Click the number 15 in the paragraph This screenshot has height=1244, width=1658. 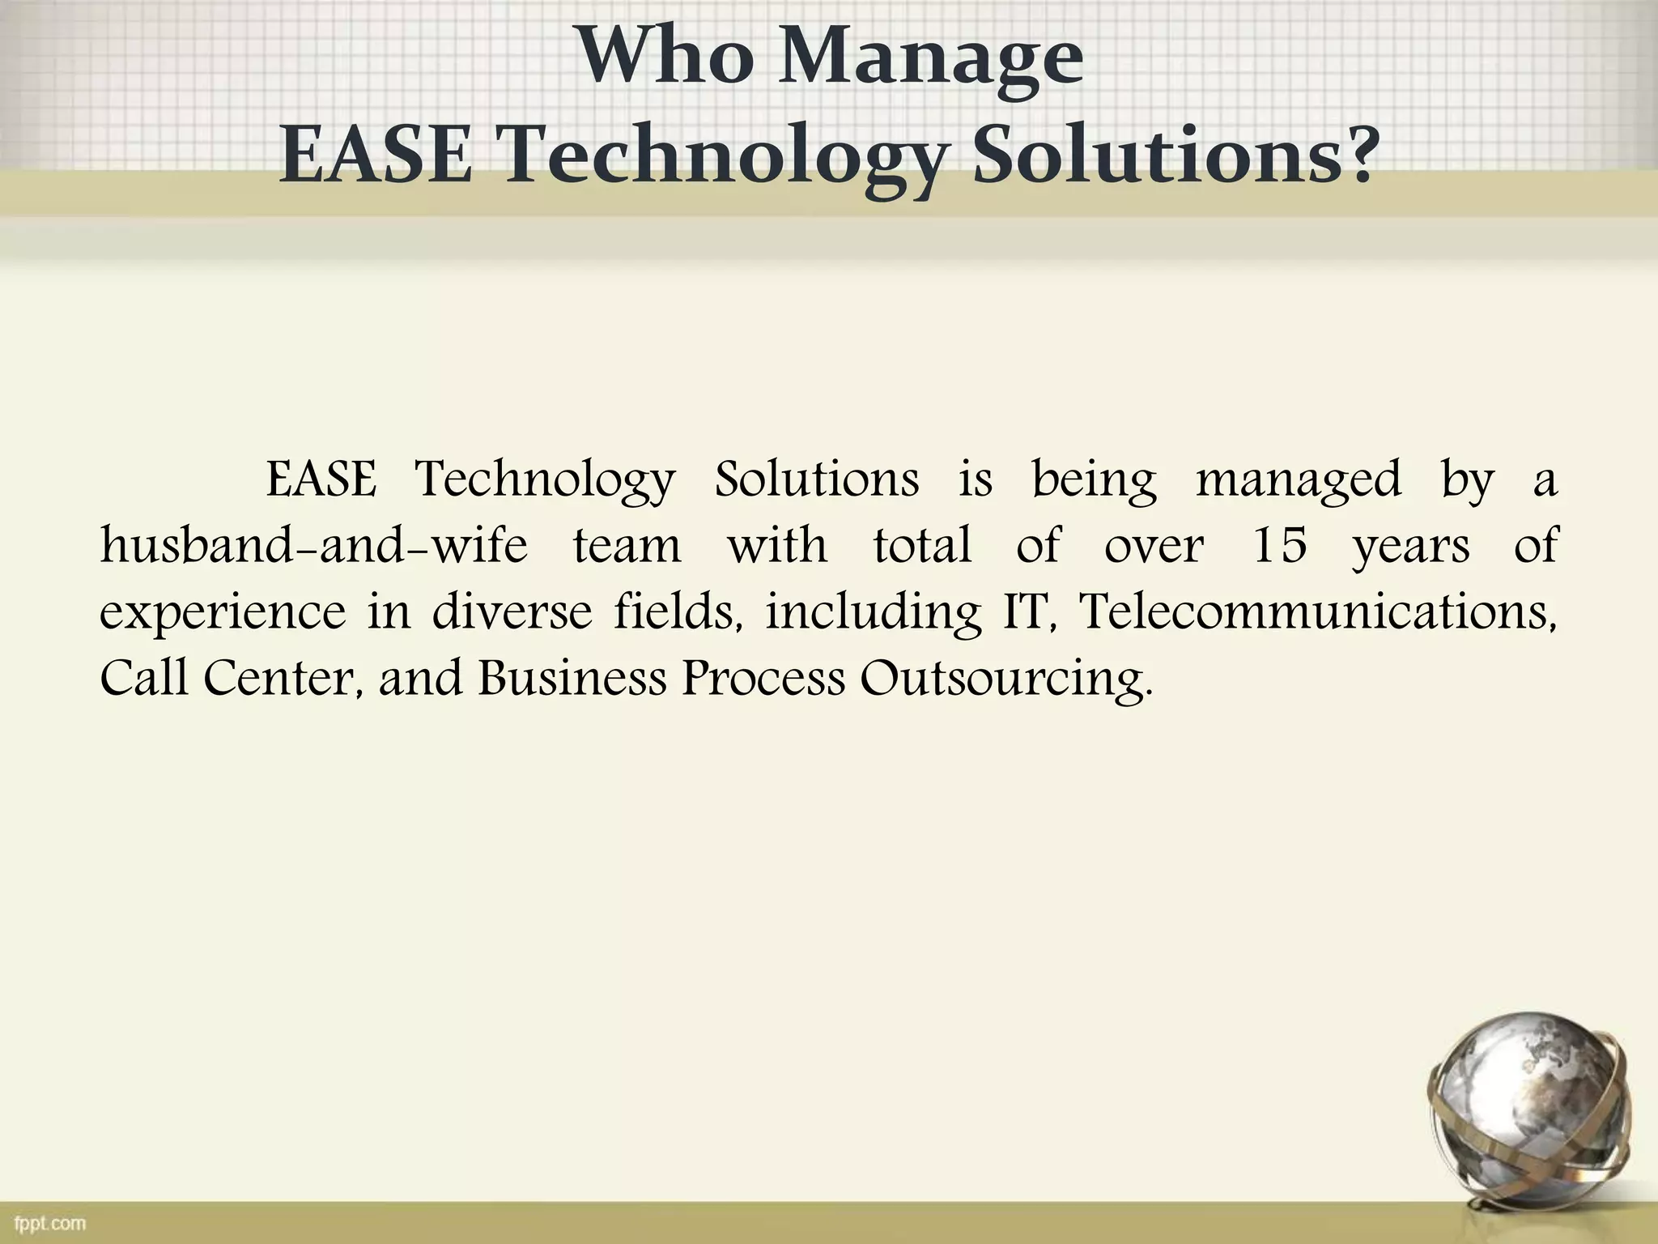tap(1279, 545)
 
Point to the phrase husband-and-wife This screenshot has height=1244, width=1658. tap(313, 545)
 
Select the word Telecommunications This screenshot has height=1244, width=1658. tap(1318, 611)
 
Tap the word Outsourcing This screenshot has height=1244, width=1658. tap(1004, 679)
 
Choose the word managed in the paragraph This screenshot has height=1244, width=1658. tap(1298, 480)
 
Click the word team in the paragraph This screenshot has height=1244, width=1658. tap(627, 545)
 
